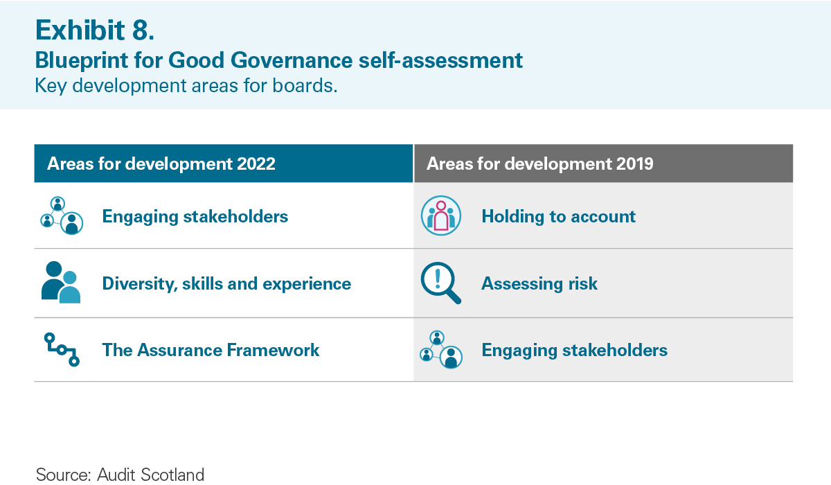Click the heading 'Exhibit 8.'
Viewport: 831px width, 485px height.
pyautogui.click(x=95, y=30)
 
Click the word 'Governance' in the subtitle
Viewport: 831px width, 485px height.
pyautogui.click(x=292, y=60)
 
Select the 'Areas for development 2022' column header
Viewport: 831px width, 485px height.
pyautogui.click(x=161, y=164)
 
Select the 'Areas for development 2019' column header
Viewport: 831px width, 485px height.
pyautogui.click(x=539, y=164)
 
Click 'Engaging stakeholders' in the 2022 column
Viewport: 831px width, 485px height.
pyautogui.click(x=195, y=216)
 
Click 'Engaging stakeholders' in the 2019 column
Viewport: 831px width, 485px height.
pyautogui.click(x=574, y=350)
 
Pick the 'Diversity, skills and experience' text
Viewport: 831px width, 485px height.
pyautogui.click(x=226, y=283)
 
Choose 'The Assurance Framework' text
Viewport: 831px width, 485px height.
pyautogui.click(x=211, y=350)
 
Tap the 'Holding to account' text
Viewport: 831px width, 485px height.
pyautogui.click(x=558, y=216)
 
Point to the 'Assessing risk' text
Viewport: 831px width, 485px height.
pyautogui.click(x=539, y=283)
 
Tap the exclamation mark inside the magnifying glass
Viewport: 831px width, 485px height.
pyautogui.click(x=438, y=279)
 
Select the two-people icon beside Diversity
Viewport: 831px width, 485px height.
pyautogui.click(x=61, y=283)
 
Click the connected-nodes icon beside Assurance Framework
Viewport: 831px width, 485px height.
pyautogui.click(x=62, y=349)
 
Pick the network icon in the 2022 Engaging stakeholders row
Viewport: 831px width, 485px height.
pyautogui.click(x=62, y=215)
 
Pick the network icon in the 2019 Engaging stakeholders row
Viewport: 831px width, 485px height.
pyautogui.click(x=441, y=350)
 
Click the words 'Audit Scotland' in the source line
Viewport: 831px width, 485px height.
pyautogui.click(x=151, y=475)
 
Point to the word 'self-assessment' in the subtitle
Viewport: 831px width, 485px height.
pyautogui.click(x=440, y=60)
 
